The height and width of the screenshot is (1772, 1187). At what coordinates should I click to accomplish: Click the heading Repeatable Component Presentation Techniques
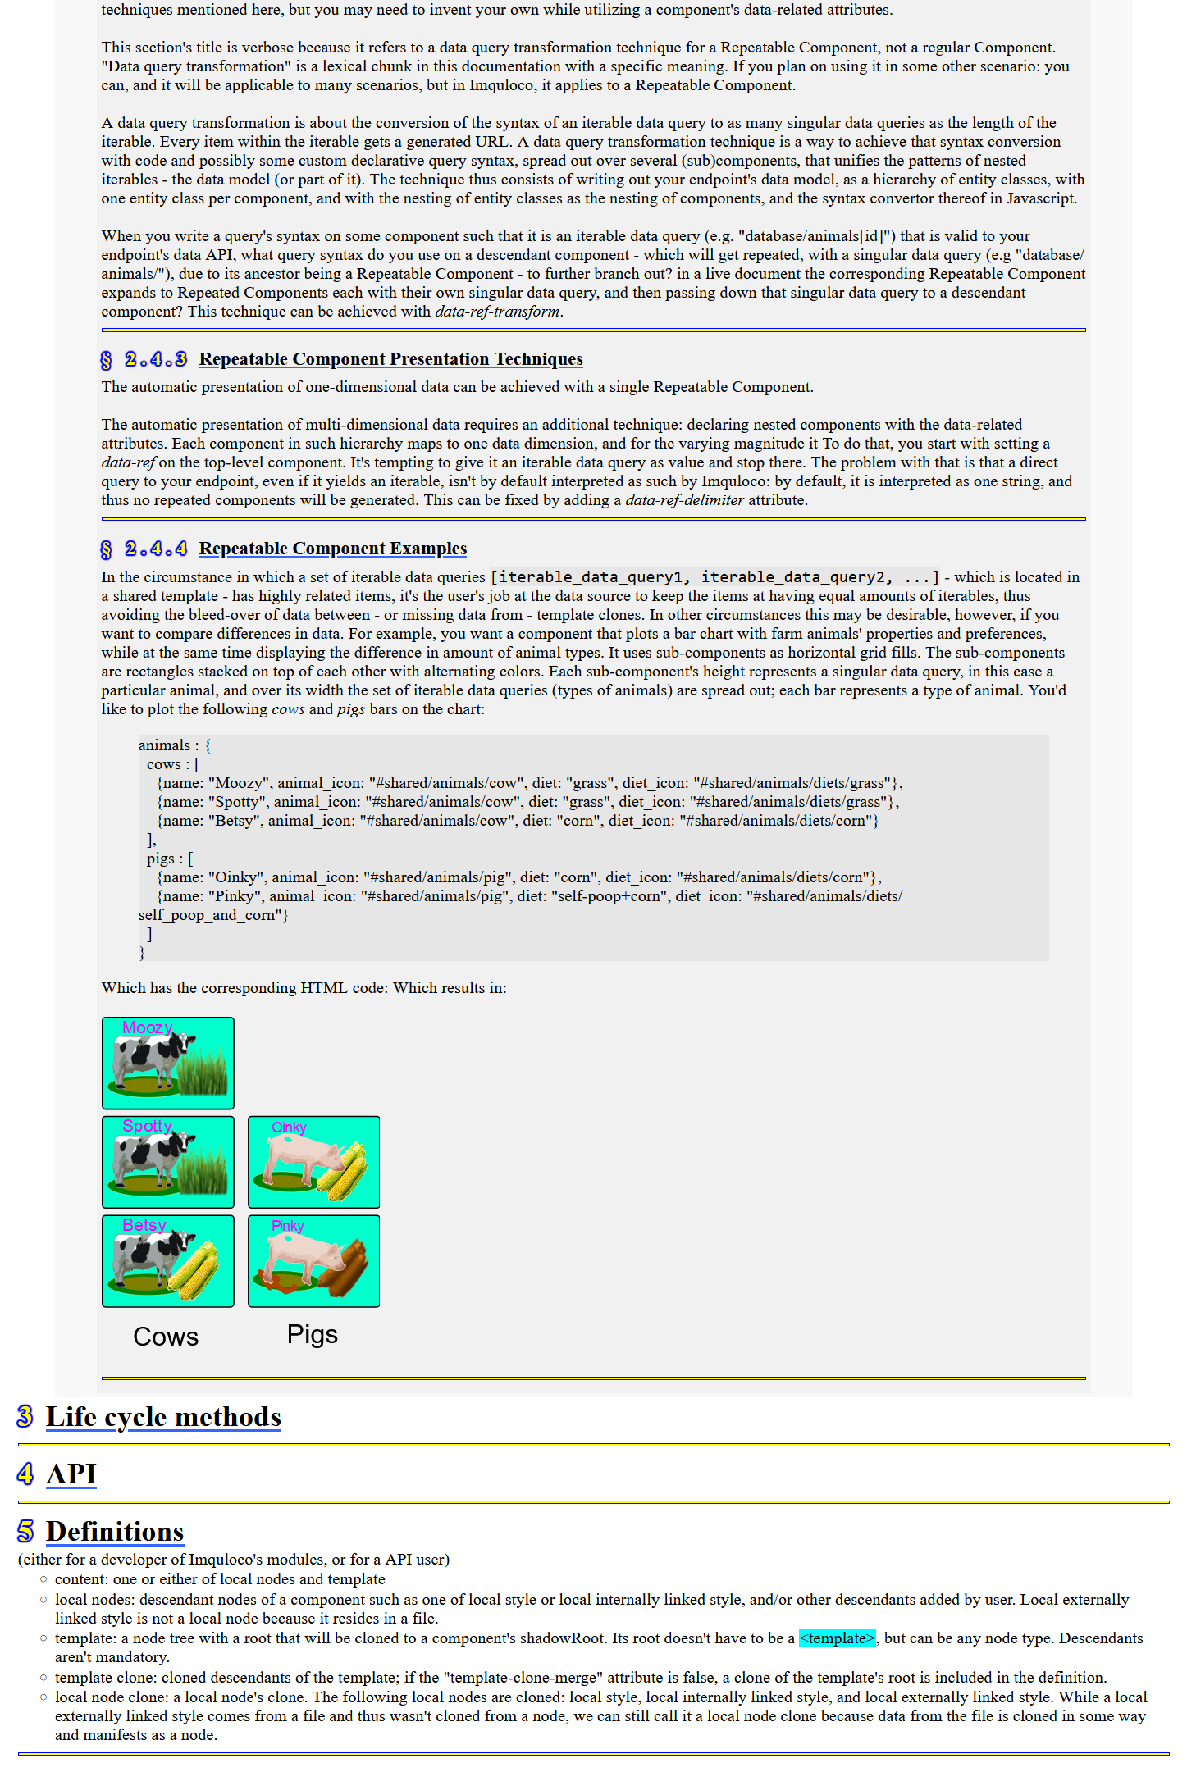(390, 359)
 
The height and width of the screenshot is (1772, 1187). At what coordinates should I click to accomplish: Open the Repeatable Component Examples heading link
(332, 549)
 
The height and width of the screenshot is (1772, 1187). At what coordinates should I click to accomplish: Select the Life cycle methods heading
(163, 1417)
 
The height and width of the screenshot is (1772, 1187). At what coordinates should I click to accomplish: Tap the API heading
(71, 1474)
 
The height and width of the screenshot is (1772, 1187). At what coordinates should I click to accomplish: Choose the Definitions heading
(114, 1532)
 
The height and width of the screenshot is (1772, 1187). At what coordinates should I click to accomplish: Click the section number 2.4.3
(155, 359)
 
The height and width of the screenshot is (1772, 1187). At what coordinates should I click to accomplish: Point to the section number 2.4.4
(155, 549)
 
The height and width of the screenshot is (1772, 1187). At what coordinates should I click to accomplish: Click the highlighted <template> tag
(837, 1638)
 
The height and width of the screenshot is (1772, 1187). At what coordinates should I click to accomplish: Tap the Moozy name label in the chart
(147, 1027)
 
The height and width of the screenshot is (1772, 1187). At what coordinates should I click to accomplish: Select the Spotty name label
(147, 1126)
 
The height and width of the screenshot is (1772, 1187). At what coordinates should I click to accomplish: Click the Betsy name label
(144, 1225)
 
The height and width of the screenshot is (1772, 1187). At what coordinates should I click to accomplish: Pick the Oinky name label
(289, 1127)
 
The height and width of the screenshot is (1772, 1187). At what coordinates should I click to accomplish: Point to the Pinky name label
(287, 1226)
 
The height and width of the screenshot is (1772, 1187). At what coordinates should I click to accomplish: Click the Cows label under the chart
(166, 1337)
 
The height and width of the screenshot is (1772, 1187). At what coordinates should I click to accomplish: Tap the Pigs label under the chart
(312, 1334)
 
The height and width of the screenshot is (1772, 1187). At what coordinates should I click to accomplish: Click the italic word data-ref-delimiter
(684, 500)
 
